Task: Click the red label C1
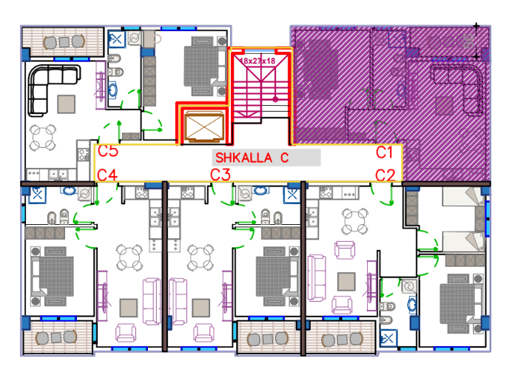pyautogui.click(x=384, y=152)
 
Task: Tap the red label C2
pyautogui.click(x=385, y=175)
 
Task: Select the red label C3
pyautogui.click(x=220, y=175)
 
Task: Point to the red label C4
pyautogui.click(x=107, y=175)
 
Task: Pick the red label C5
pyautogui.click(x=108, y=151)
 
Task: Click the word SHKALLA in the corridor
pyautogui.click(x=243, y=158)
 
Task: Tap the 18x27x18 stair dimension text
pyautogui.click(x=257, y=61)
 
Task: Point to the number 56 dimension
pyautogui.click(x=469, y=41)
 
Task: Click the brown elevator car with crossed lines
pyautogui.click(x=204, y=126)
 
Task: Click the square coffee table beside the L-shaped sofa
pyautogui.click(x=67, y=104)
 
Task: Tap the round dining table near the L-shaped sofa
pyautogui.click(x=43, y=138)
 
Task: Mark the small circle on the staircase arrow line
pyautogui.click(x=275, y=99)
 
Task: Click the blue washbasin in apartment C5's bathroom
pyautogui.click(x=112, y=89)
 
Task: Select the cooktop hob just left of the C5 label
pyautogui.click(x=83, y=155)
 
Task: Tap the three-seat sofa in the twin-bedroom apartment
pyautogui.click(x=317, y=278)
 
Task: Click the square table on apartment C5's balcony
pyautogui.click(x=64, y=41)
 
